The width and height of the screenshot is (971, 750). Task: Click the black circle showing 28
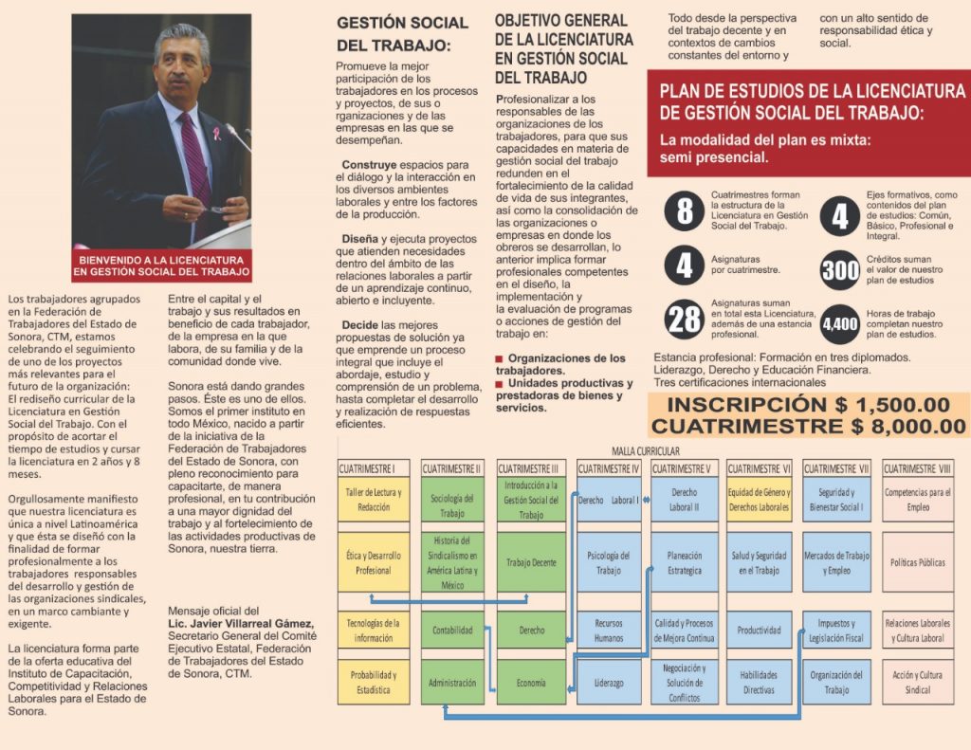(685, 320)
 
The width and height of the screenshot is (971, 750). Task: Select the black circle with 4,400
(840, 323)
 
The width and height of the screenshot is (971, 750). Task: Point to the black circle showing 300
(840, 271)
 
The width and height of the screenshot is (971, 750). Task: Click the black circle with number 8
(685, 210)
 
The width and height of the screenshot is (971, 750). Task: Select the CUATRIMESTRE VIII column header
(917, 468)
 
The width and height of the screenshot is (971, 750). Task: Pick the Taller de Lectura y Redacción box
(374, 499)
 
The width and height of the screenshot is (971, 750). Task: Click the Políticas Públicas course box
(917, 562)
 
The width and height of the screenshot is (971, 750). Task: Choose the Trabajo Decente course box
(531, 562)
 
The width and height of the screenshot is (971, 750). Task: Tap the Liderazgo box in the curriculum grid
(609, 682)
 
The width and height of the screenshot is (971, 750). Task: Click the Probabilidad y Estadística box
(374, 682)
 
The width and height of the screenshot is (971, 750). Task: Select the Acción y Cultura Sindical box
(917, 682)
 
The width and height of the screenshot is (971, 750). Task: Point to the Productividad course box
(759, 630)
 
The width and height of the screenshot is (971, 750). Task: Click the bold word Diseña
(360, 238)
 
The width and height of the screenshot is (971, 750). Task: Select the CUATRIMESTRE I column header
(374, 468)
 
